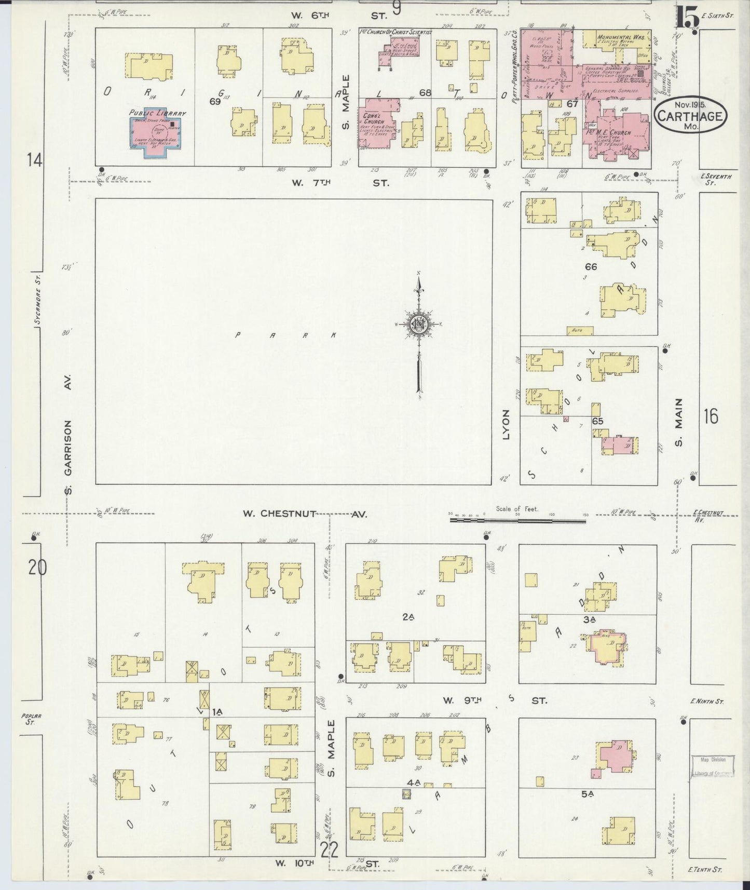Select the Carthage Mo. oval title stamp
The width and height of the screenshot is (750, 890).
coord(690,116)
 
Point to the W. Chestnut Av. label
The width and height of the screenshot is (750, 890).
coord(305,514)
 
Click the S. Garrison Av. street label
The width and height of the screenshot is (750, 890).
coord(67,435)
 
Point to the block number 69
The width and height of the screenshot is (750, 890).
coord(215,101)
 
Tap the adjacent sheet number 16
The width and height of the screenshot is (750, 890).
coord(711,416)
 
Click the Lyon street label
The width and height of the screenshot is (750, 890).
coord(506,424)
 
